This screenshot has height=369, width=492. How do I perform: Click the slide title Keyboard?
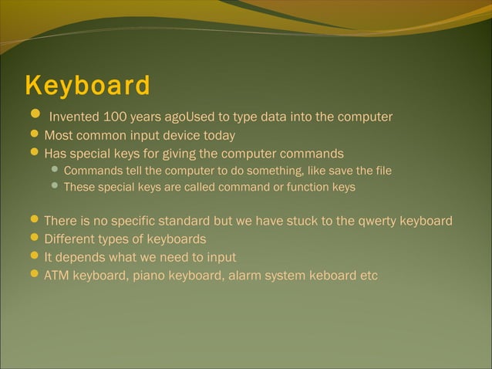pyautogui.click(x=87, y=86)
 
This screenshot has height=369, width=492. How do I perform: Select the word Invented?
pyautogui.click(x=73, y=117)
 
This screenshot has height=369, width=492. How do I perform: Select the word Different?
pyautogui.click(x=71, y=239)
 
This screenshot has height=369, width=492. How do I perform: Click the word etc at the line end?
pyautogui.click(x=369, y=275)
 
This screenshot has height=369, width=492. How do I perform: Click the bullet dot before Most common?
pyautogui.click(x=35, y=135)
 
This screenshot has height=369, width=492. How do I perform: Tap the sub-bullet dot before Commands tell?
pyautogui.click(x=55, y=169)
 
